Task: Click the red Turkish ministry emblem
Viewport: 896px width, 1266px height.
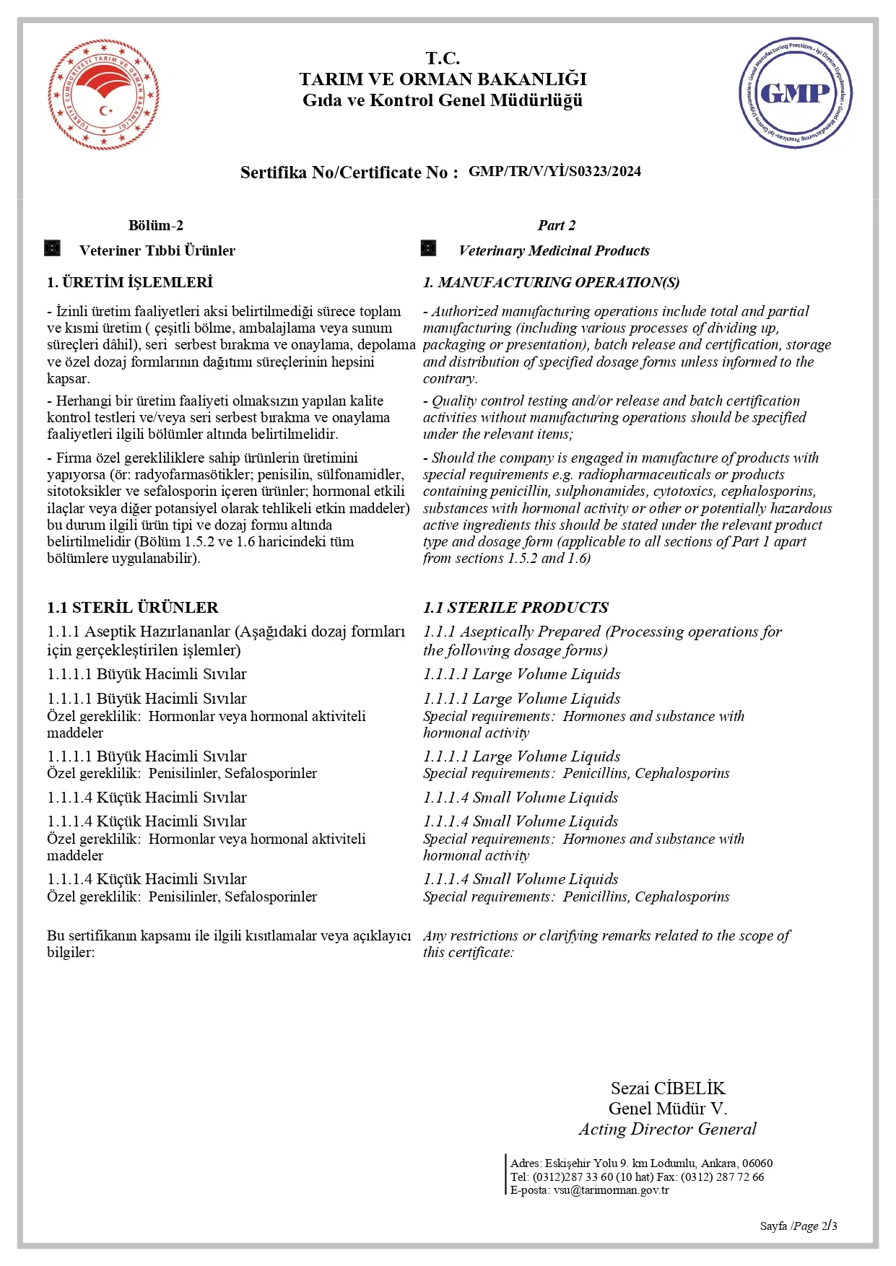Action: click(103, 95)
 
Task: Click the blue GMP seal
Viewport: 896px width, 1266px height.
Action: click(795, 93)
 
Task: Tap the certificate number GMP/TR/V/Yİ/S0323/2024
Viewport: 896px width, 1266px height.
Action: click(554, 172)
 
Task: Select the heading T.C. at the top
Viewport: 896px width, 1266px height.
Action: click(442, 58)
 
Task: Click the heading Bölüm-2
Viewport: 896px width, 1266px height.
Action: click(155, 225)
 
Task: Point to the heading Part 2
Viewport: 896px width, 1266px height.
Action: click(556, 225)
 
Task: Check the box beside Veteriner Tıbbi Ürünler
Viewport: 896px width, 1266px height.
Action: click(53, 249)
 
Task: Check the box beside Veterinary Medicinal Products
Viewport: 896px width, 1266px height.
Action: click(429, 249)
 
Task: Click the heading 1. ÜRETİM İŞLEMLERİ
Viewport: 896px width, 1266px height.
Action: click(130, 282)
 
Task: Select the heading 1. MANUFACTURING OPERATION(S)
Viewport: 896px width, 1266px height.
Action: click(551, 282)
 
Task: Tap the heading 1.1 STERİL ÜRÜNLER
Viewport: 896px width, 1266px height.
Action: click(133, 607)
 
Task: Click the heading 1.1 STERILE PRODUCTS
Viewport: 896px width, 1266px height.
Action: click(516, 607)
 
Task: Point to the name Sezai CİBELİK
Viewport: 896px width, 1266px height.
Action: click(668, 1088)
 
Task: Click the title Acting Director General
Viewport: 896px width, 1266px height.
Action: click(667, 1129)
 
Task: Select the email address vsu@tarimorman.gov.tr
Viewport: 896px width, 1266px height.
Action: click(611, 1190)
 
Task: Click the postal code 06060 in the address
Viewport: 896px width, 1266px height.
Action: click(757, 1163)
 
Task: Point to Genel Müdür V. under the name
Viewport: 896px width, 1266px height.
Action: click(667, 1109)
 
